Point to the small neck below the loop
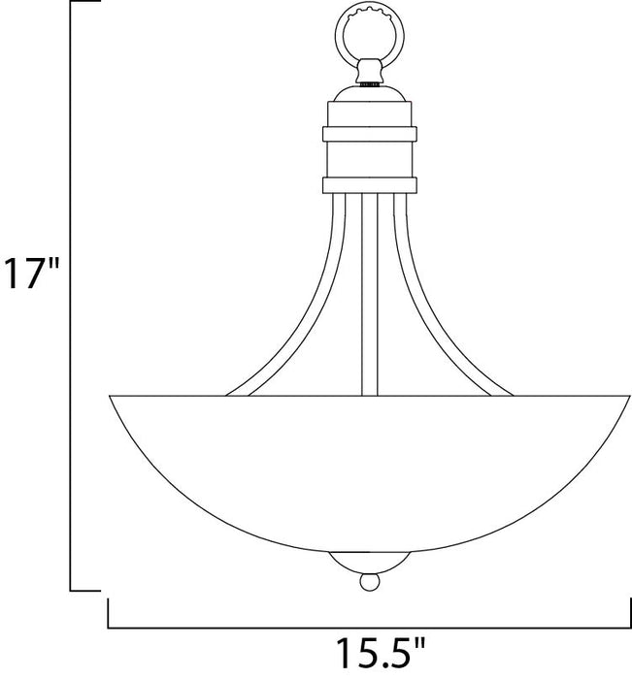click(370, 70)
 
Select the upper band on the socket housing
click(370, 131)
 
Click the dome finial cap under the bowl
click(370, 563)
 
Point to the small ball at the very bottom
click(370, 583)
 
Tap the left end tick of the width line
click(106, 613)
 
